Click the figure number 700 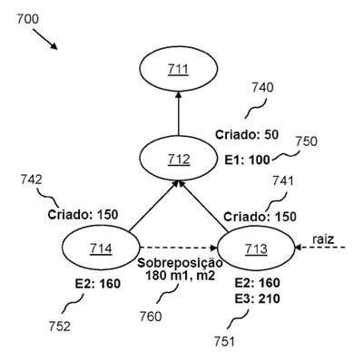point(27,19)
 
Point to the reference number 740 point(262,88)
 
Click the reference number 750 point(306,141)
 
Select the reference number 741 point(283,180)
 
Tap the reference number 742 point(32,180)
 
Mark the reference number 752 point(60,326)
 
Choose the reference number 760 point(151,316)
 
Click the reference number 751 point(225,342)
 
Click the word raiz point(323,239)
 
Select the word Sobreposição point(181,263)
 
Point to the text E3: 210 point(258,298)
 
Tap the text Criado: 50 point(247,134)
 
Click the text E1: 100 point(247,160)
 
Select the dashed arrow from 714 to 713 point(179,248)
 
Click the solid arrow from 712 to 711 point(179,113)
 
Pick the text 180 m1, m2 point(181,276)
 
